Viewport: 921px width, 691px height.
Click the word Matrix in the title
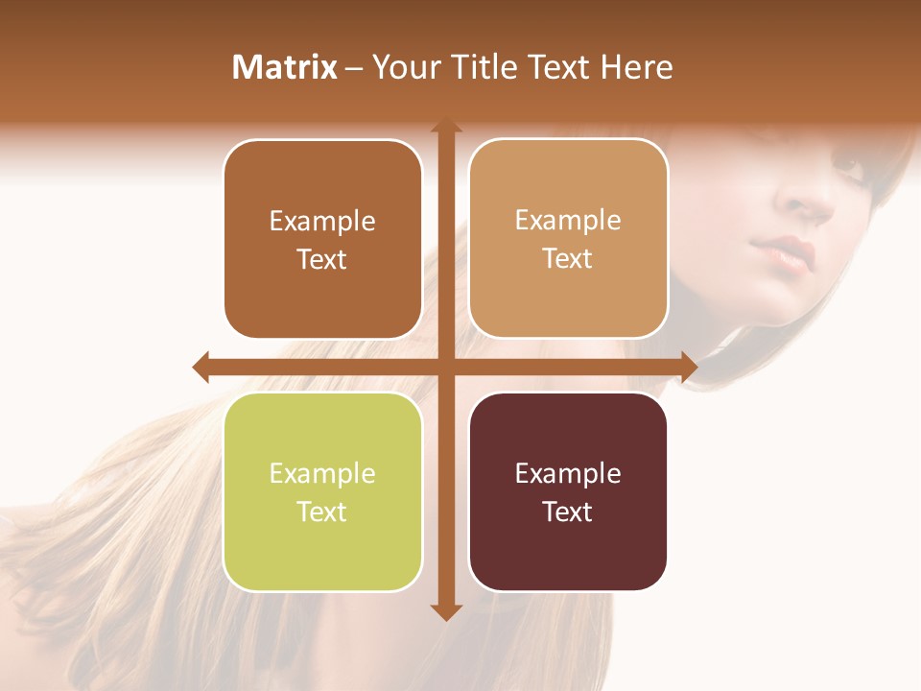(284, 67)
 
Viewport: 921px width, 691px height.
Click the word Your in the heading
(401, 67)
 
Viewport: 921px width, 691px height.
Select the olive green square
(322, 547)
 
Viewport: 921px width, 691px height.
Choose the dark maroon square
(568, 547)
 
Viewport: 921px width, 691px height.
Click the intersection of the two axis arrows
(445, 367)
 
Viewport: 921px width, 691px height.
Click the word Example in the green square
(322, 473)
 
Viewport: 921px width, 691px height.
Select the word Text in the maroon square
(568, 512)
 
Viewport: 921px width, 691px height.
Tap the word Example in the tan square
(568, 221)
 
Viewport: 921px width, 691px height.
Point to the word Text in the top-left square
(322, 259)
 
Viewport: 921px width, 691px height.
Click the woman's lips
(787, 254)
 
